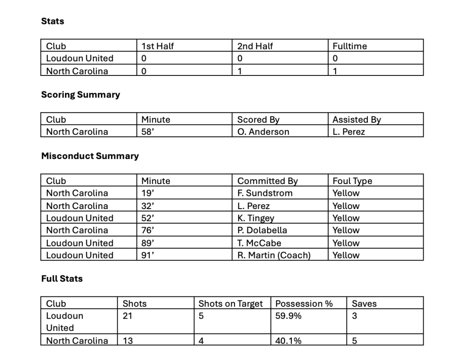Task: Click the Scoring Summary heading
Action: tap(80, 95)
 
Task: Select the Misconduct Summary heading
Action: tap(90, 156)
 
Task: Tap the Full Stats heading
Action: tap(62, 279)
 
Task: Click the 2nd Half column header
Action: tap(255, 46)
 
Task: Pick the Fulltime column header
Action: tap(350, 46)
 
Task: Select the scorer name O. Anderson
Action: tap(263, 132)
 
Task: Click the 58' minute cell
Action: tap(148, 132)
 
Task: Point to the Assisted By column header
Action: tap(357, 120)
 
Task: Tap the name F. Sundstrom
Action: tap(265, 193)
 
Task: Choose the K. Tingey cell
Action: tap(256, 218)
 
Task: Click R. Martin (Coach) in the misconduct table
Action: tap(274, 255)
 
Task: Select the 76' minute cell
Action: tap(148, 230)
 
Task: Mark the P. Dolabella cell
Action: tap(262, 230)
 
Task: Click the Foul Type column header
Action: tap(352, 181)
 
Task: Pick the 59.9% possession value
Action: tap(289, 316)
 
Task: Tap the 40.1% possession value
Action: tap(289, 340)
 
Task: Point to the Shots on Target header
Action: tap(231, 304)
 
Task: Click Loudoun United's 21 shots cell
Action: tap(128, 316)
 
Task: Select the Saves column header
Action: tap(364, 304)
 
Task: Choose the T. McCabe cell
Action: tap(260, 243)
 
